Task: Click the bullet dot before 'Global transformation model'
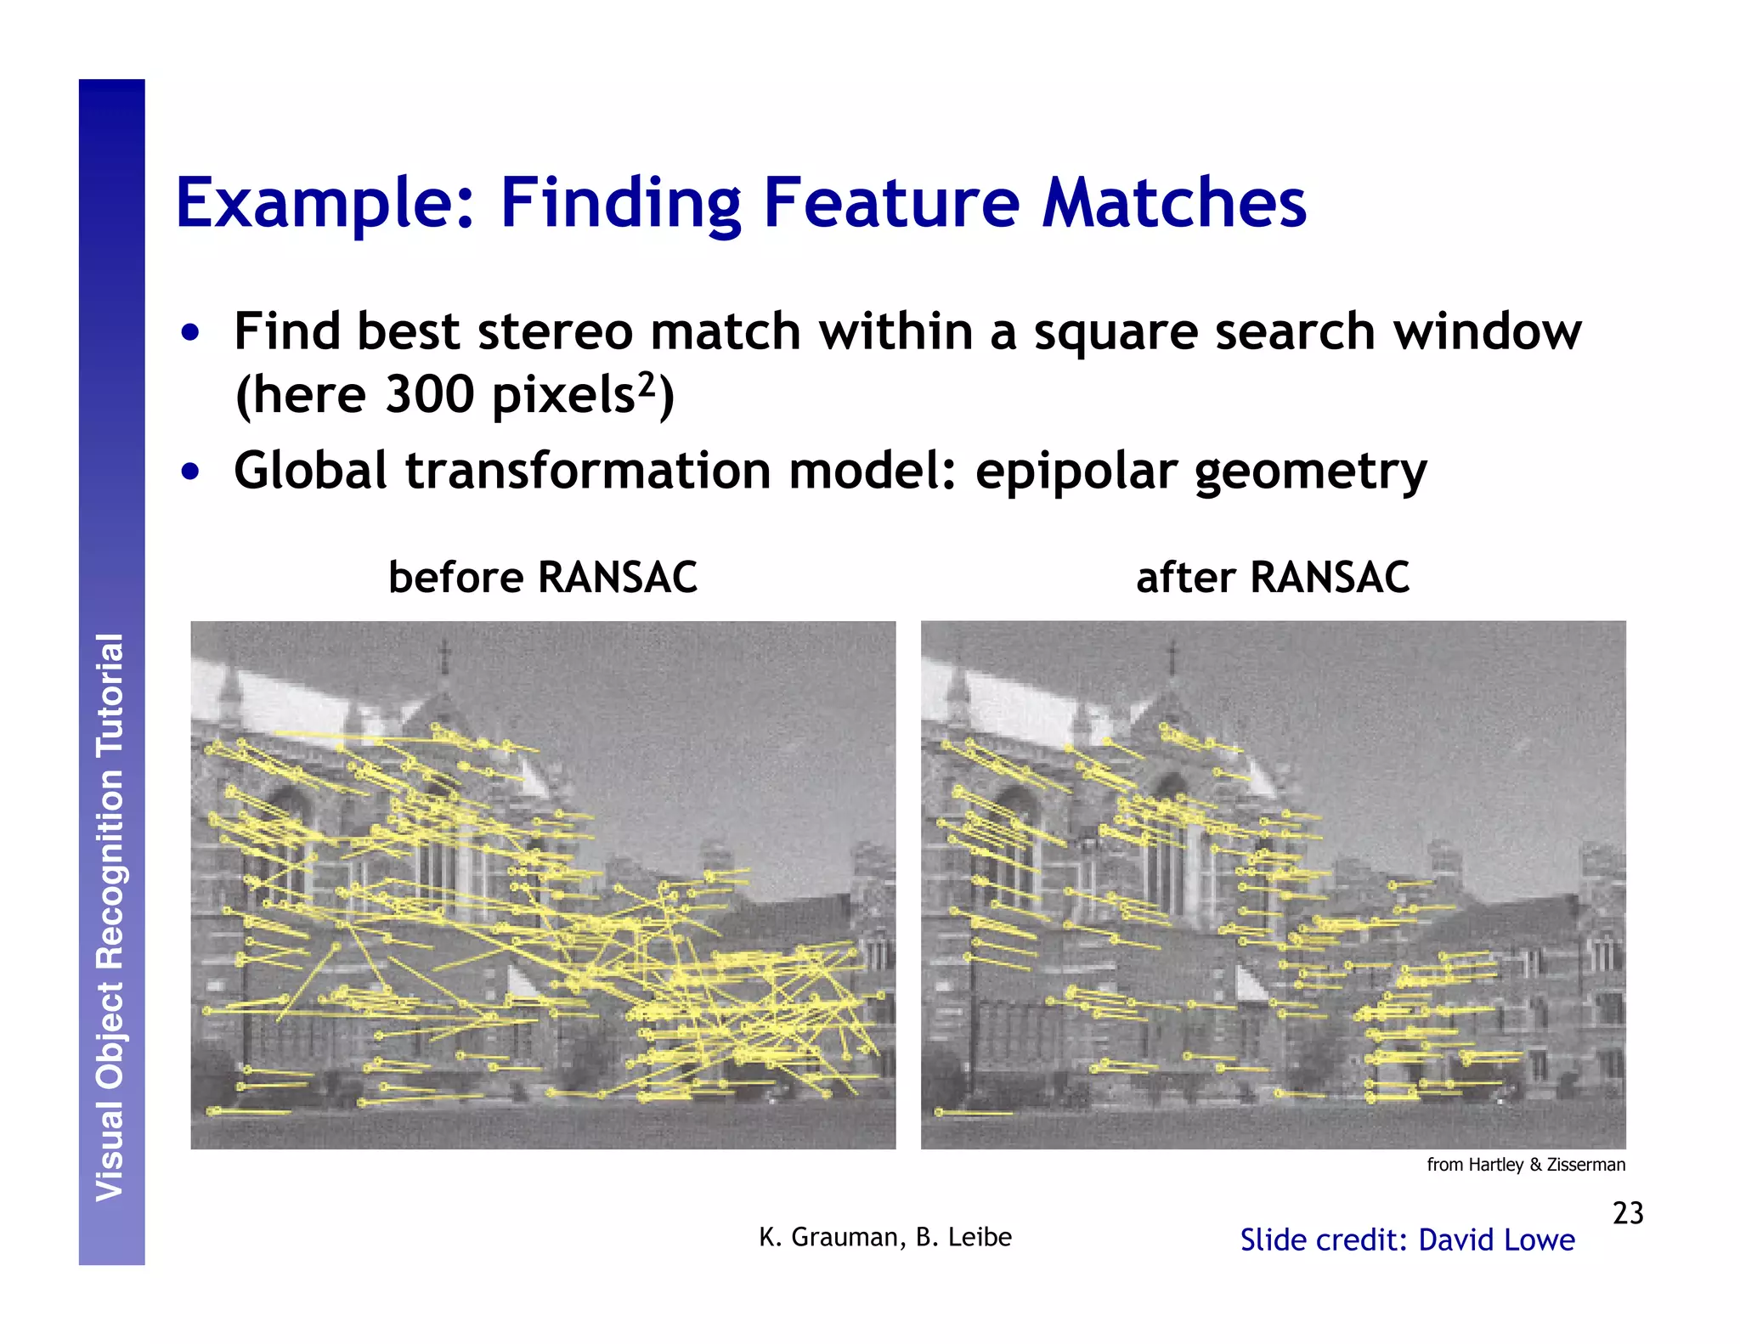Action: [191, 472]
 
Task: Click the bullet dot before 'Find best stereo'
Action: [191, 333]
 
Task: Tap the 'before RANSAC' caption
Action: [542, 578]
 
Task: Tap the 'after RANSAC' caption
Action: [1272, 578]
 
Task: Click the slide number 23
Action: [1628, 1212]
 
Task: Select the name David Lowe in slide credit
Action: [1496, 1240]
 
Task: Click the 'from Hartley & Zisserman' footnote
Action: [1526, 1165]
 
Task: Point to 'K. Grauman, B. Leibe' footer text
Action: [884, 1237]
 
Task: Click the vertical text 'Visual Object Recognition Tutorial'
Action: [110, 918]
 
